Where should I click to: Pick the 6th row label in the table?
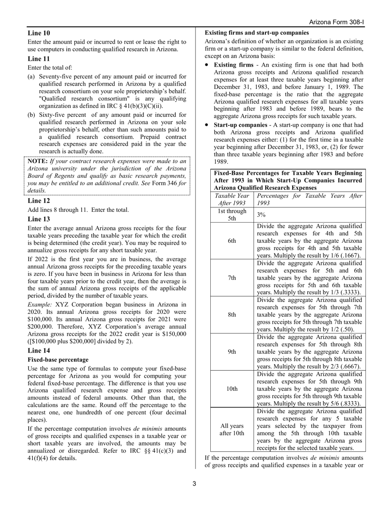(x=232, y=241)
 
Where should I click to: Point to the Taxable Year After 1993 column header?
(x=232, y=200)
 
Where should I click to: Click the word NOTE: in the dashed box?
(x=38, y=161)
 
